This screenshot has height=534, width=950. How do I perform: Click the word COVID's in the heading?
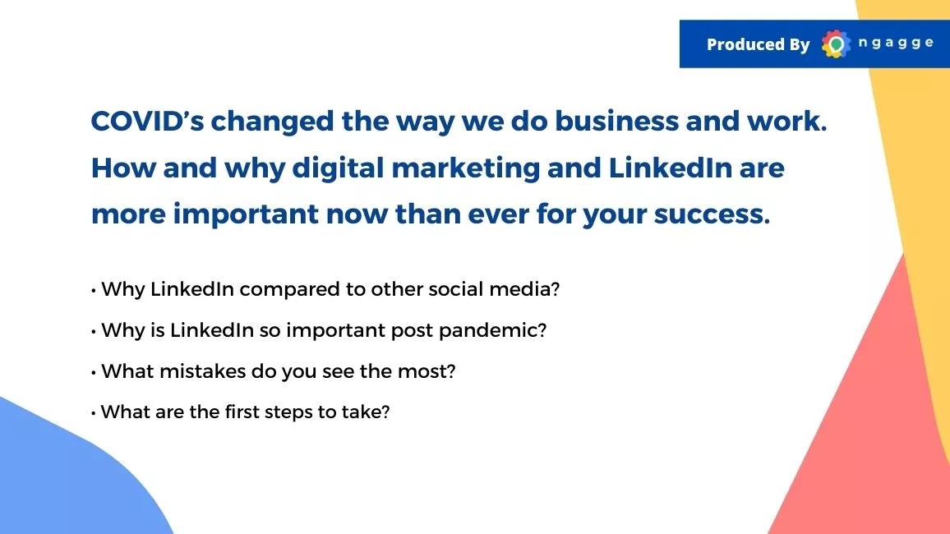tap(147, 121)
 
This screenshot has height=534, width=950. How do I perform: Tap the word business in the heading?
tap(617, 121)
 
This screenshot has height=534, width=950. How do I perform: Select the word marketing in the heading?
tap(465, 168)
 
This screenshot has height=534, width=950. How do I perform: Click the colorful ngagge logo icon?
tap(836, 44)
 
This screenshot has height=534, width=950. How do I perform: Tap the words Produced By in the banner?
tap(758, 44)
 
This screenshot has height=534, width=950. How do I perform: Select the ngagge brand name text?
tap(896, 44)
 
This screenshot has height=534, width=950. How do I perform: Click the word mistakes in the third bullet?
tap(202, 371)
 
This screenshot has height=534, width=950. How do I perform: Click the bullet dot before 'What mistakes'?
tap(94, 373)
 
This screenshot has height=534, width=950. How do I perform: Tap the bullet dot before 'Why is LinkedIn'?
tap(94, 332)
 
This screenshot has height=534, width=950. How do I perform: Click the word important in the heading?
tap(246, 214)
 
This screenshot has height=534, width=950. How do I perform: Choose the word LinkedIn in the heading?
tap(670, 168)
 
